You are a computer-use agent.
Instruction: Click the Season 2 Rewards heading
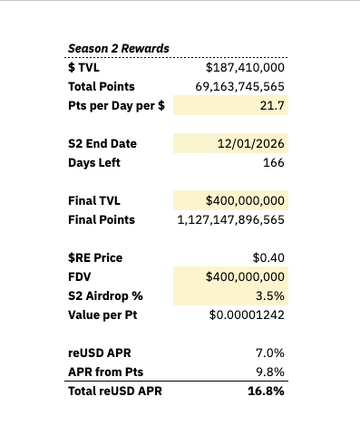[119, 48]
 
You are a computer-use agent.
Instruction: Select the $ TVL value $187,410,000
[245, 67]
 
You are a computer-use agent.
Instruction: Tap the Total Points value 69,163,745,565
[239, 86]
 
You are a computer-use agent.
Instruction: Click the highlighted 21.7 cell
[230, 105]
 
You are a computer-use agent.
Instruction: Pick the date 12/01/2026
[251, 143]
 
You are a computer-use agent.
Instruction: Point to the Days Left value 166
[274, 162]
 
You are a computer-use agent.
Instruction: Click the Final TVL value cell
[230, 200]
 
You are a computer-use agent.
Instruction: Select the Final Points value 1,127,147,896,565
[231, 219]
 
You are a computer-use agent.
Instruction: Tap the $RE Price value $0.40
[268, 257]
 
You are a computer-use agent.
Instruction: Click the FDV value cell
[230, 276]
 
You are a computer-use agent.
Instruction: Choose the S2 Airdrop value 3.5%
[270, 295]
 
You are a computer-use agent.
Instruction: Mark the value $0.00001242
[247, 314]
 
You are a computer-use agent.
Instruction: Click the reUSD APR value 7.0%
[270, 353]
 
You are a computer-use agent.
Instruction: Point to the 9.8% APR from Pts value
[270, 372]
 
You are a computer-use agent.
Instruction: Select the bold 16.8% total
[266, 391]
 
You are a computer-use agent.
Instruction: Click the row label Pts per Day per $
[116, 106]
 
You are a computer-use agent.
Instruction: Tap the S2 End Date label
[102, 143]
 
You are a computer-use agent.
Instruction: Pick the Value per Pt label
[102, 315]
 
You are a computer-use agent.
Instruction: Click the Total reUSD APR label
[115, 391]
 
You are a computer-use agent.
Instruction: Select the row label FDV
[79, 276]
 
